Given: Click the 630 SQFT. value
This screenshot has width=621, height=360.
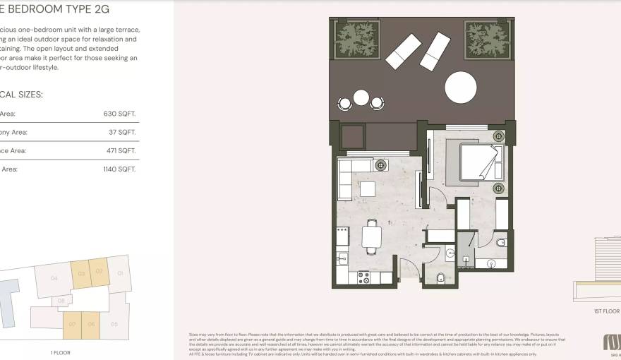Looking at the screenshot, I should (x=120, y=113).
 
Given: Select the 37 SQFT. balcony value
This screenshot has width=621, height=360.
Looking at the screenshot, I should (x=122, y=132).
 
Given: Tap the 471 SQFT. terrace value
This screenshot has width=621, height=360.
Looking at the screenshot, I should (x=120, y=150).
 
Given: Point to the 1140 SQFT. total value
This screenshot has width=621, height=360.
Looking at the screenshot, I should (x=119, y=169).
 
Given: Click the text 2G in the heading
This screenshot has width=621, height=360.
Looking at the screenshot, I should (x=102, y=9).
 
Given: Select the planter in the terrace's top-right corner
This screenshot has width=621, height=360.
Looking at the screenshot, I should (x=488, y=40).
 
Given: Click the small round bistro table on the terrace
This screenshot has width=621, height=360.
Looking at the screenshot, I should (x=361, y=97).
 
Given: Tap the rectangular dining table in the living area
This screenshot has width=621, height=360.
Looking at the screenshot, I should (x=371, y=236).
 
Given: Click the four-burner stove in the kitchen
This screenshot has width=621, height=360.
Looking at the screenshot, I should (x=364, y=277).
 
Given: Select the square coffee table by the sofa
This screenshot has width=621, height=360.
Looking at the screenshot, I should (x=368, y=188).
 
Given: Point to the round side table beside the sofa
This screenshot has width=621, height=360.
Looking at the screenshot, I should (x=382, y=165).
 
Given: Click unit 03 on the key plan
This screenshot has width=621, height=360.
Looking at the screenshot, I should (x=80, y=274).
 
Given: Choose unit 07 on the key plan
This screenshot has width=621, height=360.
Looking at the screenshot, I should (x=71, y=325).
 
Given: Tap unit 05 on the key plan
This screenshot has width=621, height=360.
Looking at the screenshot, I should (x=114, y=324).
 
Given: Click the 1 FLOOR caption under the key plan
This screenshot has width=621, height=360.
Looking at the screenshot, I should (x=60, y=352).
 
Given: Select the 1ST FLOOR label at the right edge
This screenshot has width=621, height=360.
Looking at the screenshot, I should (x=606, y=311).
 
